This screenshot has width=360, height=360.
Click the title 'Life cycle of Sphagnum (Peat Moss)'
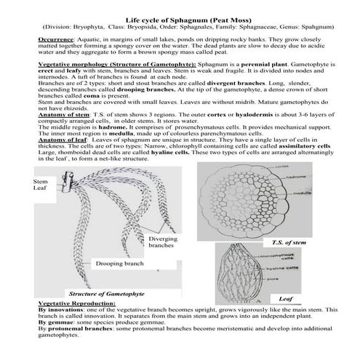coord(180,15)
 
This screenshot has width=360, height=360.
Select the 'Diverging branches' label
coord(162,241)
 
